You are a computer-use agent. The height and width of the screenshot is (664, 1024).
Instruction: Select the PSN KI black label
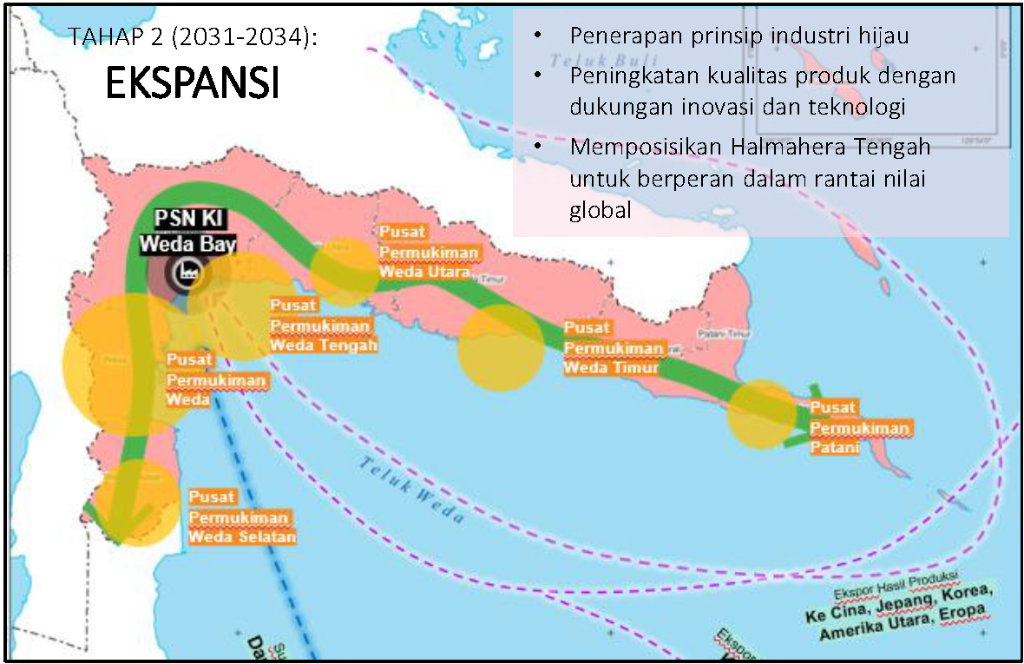[x=187, y=220]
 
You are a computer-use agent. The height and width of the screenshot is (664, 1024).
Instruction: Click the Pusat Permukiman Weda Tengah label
[x=323, y=325]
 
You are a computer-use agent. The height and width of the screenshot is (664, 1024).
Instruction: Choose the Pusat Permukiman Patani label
[x=859, y=427]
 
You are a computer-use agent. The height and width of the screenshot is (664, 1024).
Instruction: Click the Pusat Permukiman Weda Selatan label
[x=241, y=516]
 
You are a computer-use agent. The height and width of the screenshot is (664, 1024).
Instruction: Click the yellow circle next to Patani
[x=761, y=414]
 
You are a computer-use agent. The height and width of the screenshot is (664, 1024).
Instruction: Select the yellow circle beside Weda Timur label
[x=500, y=348]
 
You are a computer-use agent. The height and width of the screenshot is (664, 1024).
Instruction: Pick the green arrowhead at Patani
[x=803, y=417]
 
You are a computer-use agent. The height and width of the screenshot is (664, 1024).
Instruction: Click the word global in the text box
[x=601, y=211]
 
